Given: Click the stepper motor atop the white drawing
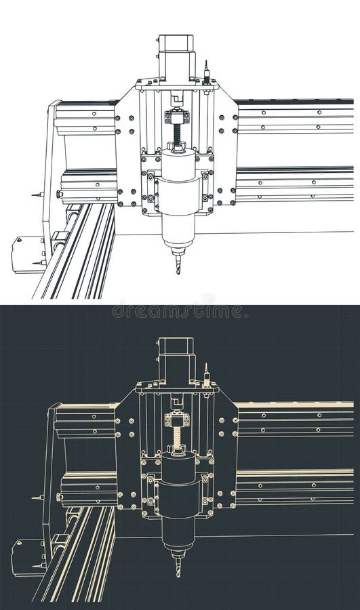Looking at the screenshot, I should click(176, 58).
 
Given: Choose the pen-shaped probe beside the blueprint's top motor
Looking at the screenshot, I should click(205, 375).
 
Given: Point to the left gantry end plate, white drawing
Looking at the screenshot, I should click(48, 176).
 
